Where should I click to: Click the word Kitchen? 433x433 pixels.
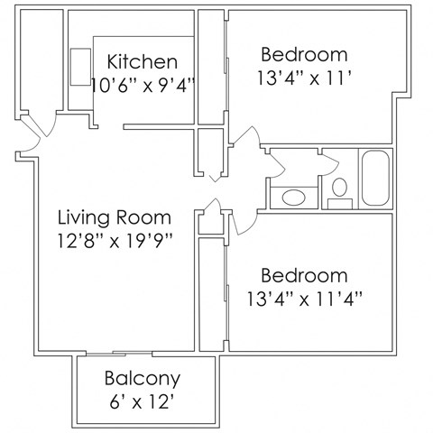[142, 62]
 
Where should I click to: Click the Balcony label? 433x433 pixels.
[143, 378]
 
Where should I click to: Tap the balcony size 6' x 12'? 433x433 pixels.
[143, 400]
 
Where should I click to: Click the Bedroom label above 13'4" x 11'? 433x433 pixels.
[303, 53]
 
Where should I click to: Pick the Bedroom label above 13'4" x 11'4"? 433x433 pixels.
[303, 274]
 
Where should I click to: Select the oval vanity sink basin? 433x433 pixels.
[292, 197]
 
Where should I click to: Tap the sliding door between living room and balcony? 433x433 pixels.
[132, 352]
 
